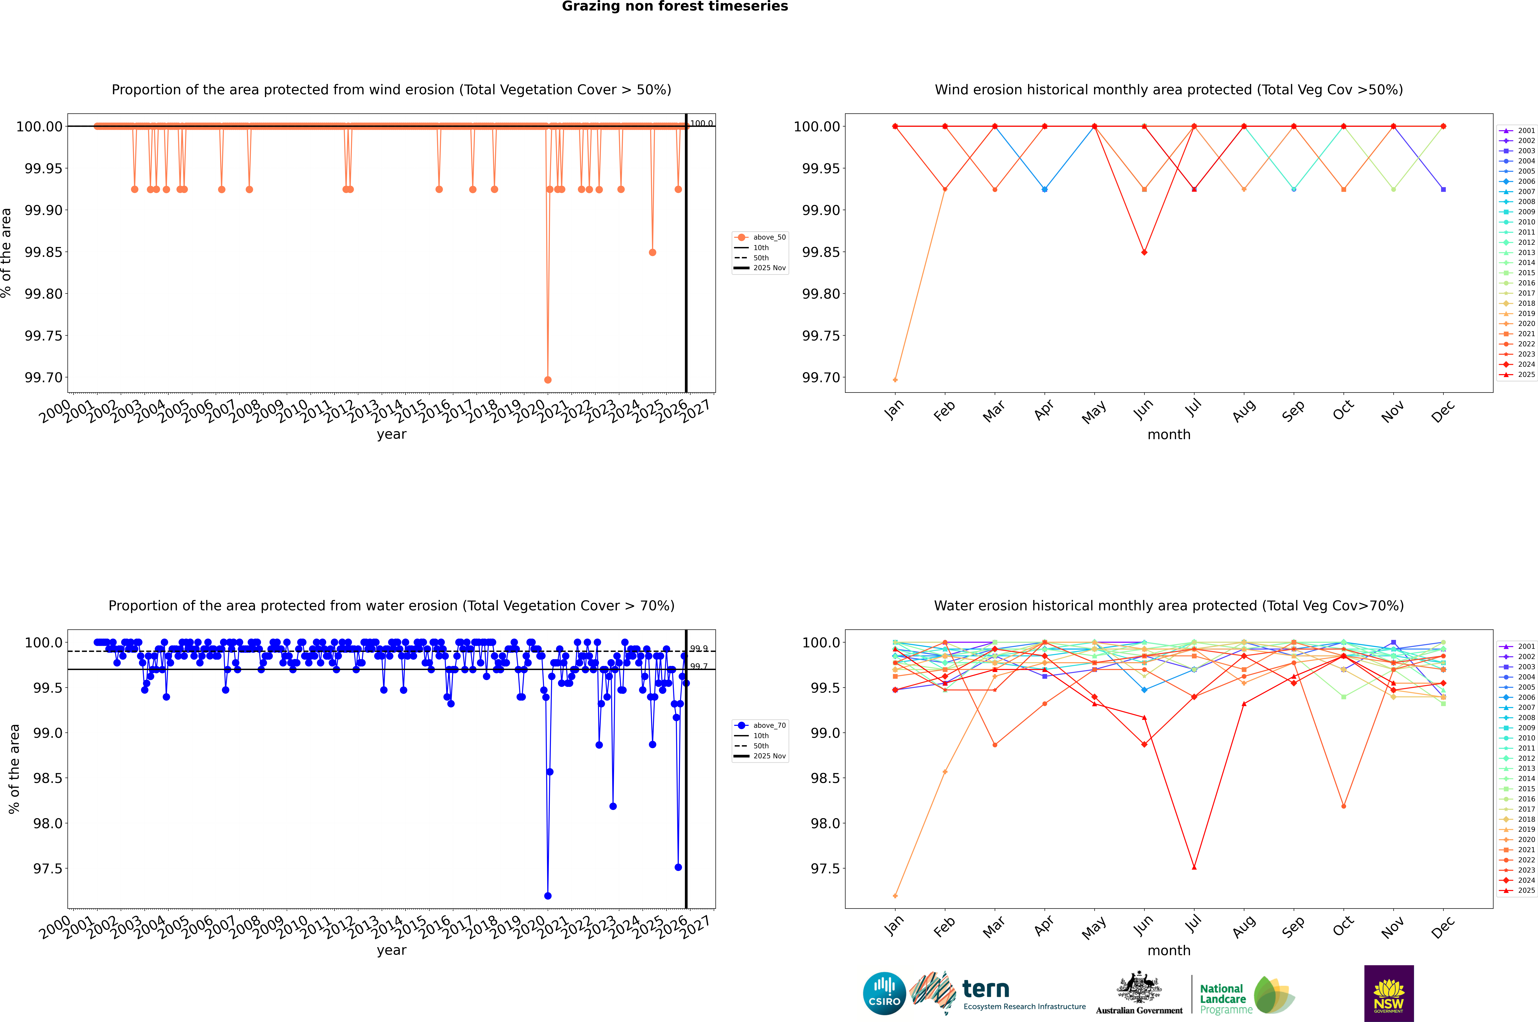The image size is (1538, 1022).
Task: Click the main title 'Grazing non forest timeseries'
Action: click(x=675, y=6)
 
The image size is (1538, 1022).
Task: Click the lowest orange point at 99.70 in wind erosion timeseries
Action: click(x=548, y=379)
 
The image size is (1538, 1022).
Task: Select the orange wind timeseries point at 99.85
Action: click(x=653, y=252)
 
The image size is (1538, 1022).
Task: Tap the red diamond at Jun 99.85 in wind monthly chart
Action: click(x=1144, y=252)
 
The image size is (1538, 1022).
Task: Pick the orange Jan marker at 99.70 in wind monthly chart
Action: click(x=895, y=379)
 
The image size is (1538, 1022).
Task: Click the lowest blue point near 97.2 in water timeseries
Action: click(x=548, y=896)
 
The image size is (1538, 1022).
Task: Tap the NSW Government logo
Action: click(x=1389, y=993)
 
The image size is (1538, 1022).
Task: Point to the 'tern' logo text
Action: click(x=986, y=989)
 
